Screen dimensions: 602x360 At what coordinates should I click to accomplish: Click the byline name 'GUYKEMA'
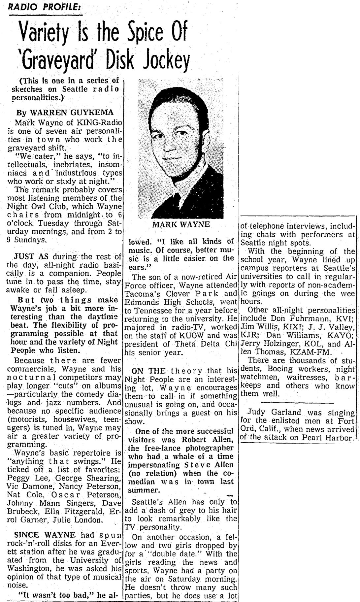pos(98,113)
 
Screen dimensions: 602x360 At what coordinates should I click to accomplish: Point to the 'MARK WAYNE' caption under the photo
pos(181,224)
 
